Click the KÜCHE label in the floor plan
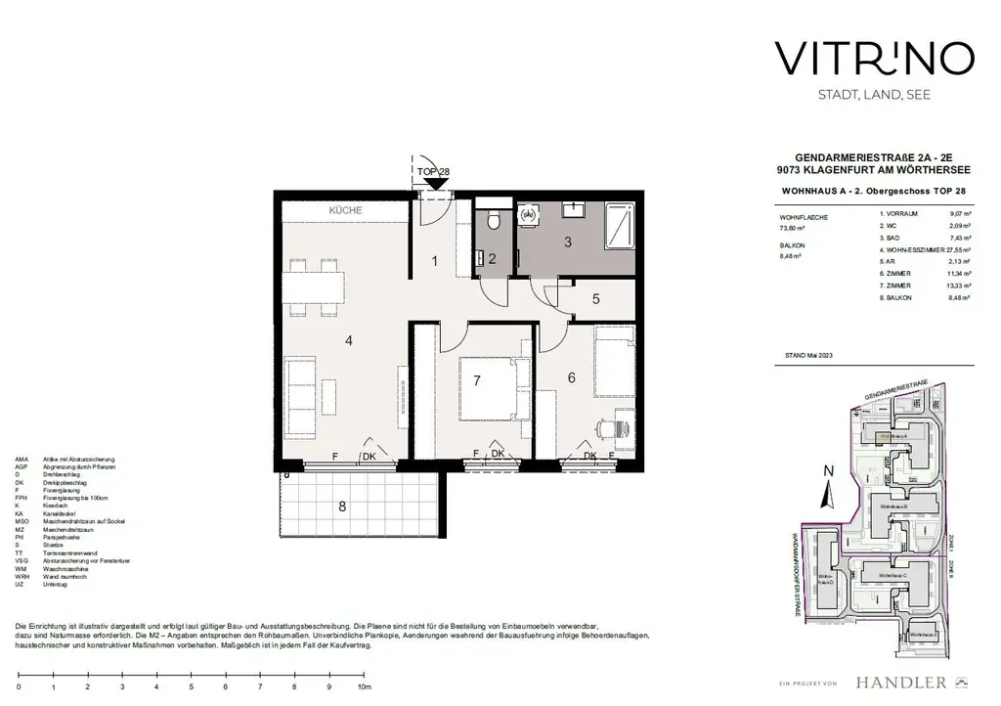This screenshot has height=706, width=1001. coord(345,210)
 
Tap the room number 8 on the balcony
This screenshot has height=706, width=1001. coord(341,507)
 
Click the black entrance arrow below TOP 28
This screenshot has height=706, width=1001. coord(431,183)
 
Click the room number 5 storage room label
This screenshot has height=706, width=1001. coord(594,301)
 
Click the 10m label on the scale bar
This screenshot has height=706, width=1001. coord(364,687)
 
